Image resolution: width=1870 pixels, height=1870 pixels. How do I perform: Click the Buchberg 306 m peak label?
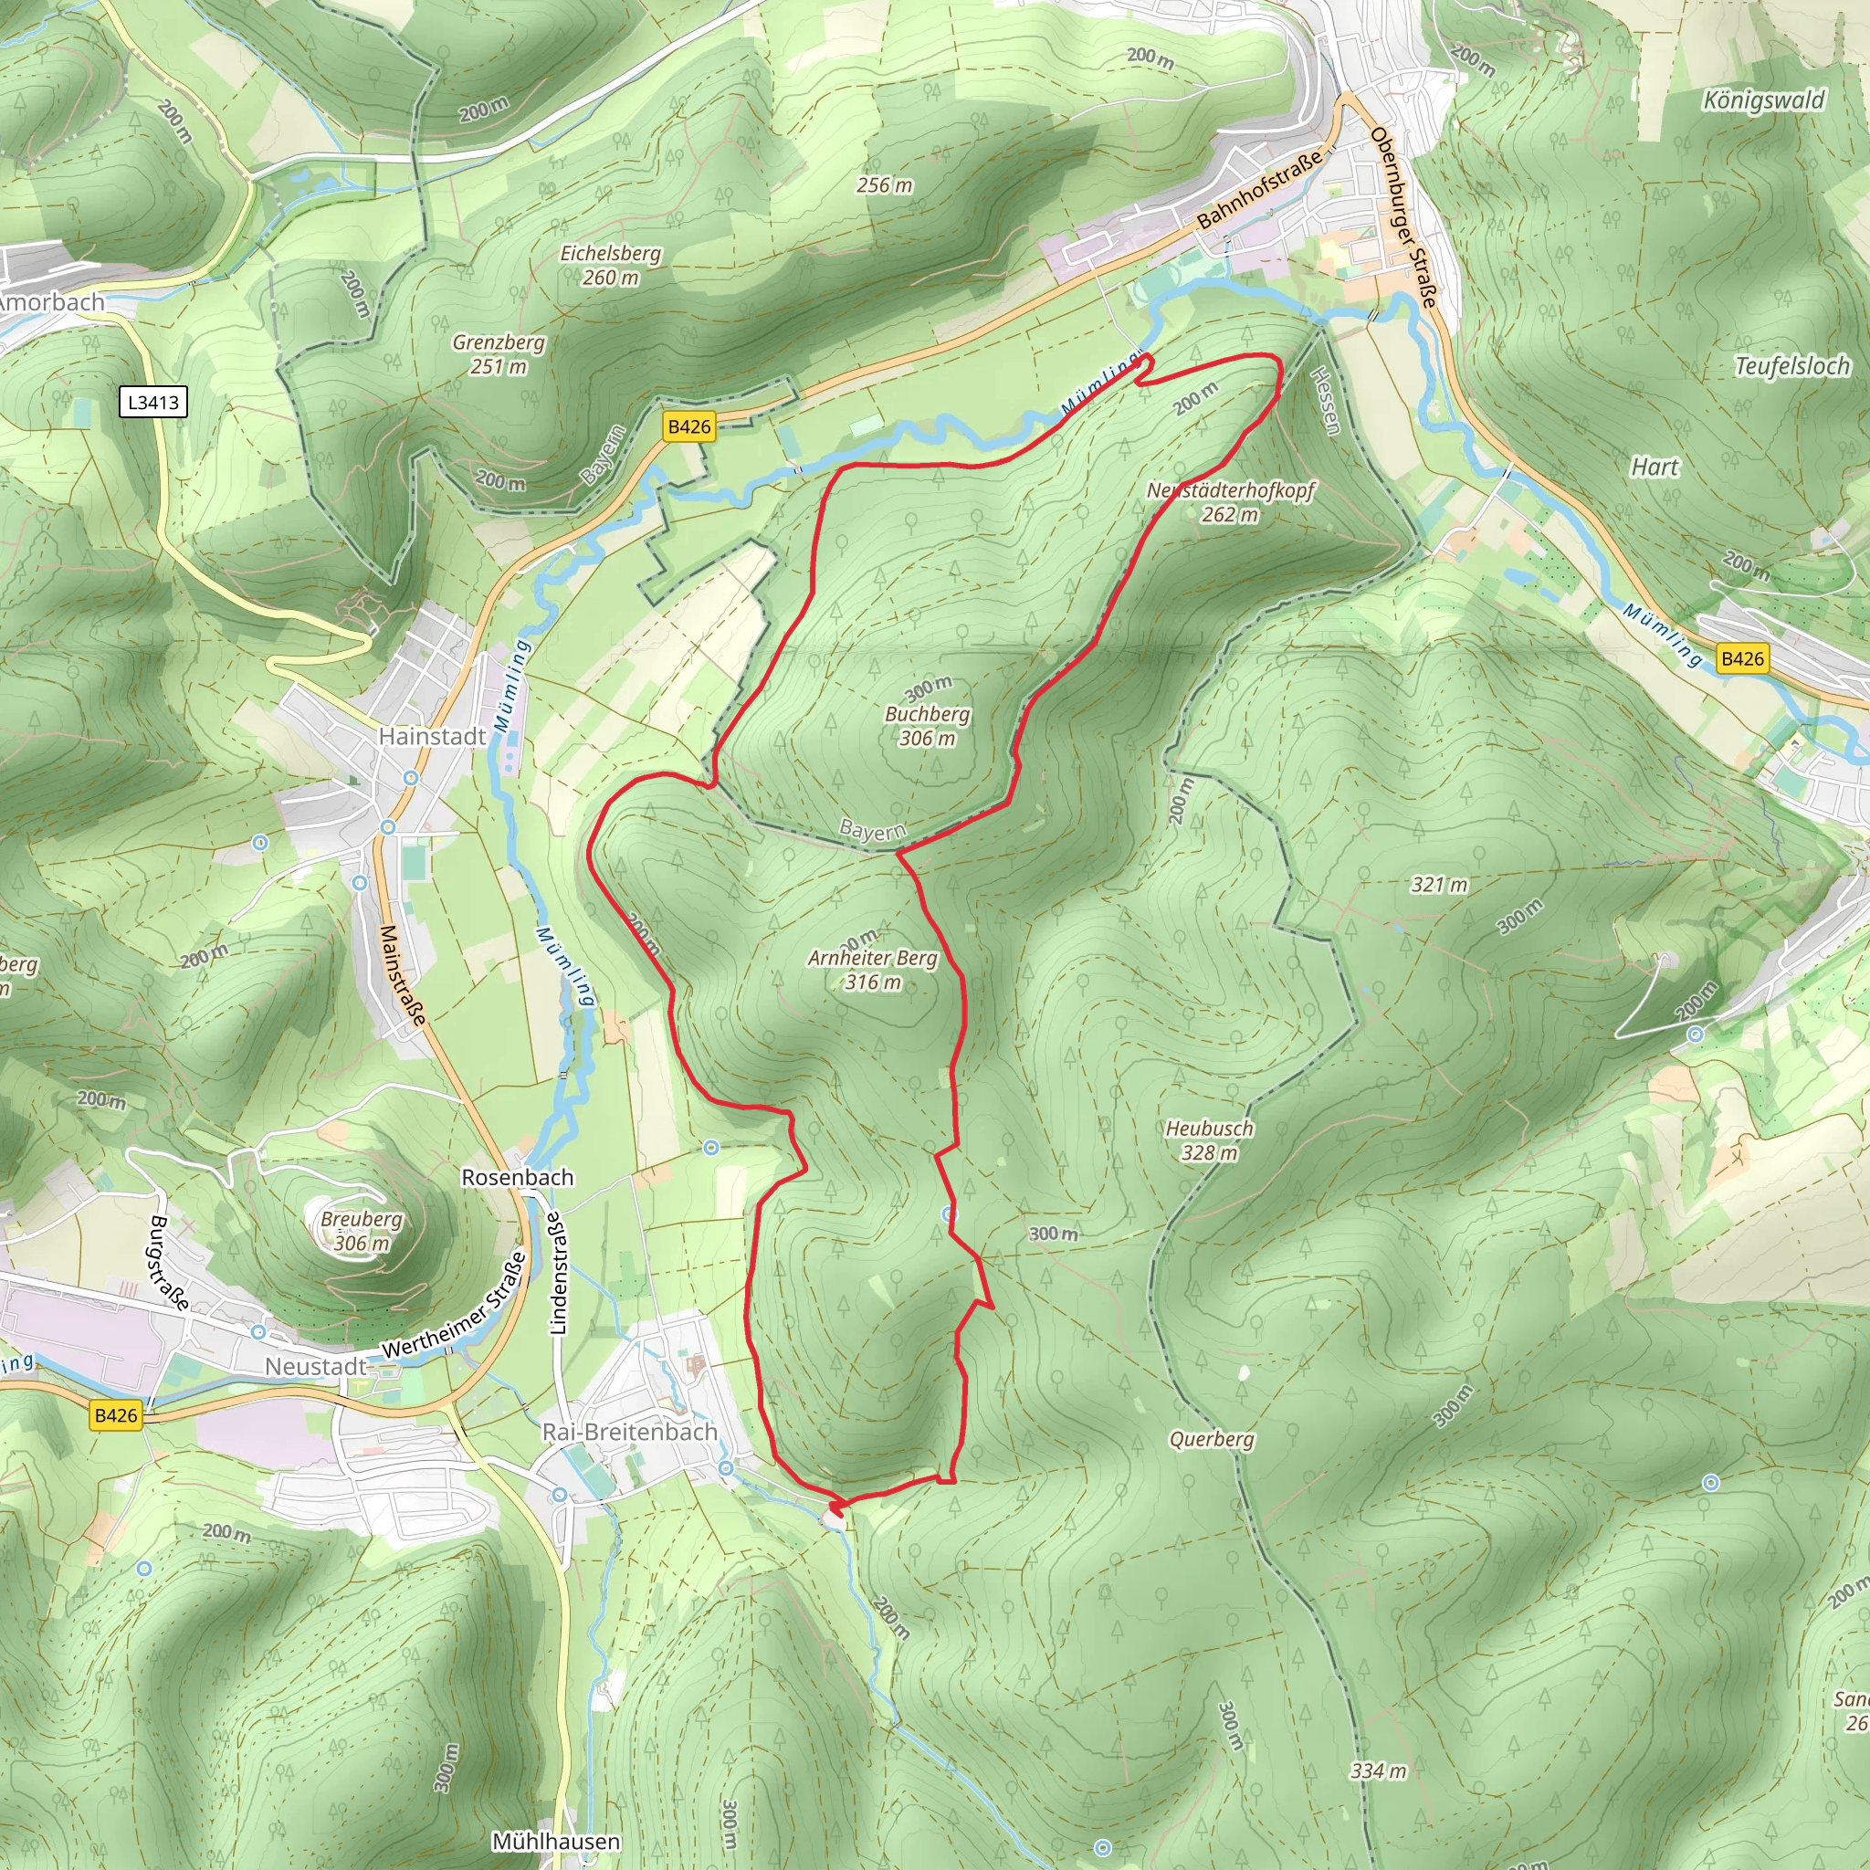click(928, 726)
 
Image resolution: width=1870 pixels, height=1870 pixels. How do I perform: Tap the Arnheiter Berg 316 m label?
click(873, 970)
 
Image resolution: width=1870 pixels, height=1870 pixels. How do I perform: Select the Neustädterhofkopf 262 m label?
click(1230, 502)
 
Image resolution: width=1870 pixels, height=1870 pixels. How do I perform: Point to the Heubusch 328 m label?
click(1209, 1140)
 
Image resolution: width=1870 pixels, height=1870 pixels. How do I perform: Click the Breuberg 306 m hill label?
click(361, 1231)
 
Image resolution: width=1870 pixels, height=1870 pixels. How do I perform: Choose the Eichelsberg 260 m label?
click(611, 265)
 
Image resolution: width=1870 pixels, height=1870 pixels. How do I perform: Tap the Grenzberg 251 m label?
click(499, 354)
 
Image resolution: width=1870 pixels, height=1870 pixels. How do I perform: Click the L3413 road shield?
click(152, 402)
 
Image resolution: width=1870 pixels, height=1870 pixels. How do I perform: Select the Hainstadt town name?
click(432, 737)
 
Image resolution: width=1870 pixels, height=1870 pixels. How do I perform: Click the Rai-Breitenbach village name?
click(629, 1432)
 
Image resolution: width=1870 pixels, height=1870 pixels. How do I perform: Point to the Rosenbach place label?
click(517, 1177)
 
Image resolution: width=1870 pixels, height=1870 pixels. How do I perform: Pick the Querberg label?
click(1212, 1439)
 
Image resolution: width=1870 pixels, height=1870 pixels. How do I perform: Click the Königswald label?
click(1763, 100)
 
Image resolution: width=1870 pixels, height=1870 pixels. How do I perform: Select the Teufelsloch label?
click(1791, 366)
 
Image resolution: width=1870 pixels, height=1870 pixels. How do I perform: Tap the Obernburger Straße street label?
click(1402, 218)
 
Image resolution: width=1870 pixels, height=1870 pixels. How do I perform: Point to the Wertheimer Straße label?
click(455, 1306)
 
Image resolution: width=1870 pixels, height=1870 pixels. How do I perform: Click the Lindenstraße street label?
click(558, 1273)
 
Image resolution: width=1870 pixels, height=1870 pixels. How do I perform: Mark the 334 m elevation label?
click(1378, 1771)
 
